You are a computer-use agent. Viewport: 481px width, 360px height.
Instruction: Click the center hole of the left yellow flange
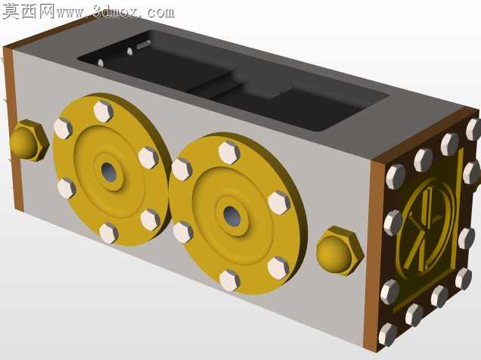point(109,172)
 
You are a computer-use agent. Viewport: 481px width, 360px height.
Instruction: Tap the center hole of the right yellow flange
point(231,216)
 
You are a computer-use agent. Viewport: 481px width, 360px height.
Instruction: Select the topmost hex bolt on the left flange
point(104,111)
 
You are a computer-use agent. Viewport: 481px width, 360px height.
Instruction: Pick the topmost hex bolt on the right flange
point(229,153)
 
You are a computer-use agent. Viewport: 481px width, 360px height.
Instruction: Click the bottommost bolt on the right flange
point(229,281)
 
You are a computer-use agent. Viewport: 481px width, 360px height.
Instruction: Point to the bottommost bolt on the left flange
point(109,234)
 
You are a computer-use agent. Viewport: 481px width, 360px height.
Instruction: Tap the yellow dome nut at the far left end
point(28,141)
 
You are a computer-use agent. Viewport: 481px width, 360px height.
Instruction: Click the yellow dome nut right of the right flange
point(339,250)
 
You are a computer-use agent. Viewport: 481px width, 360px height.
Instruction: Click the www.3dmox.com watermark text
point(116,12)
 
